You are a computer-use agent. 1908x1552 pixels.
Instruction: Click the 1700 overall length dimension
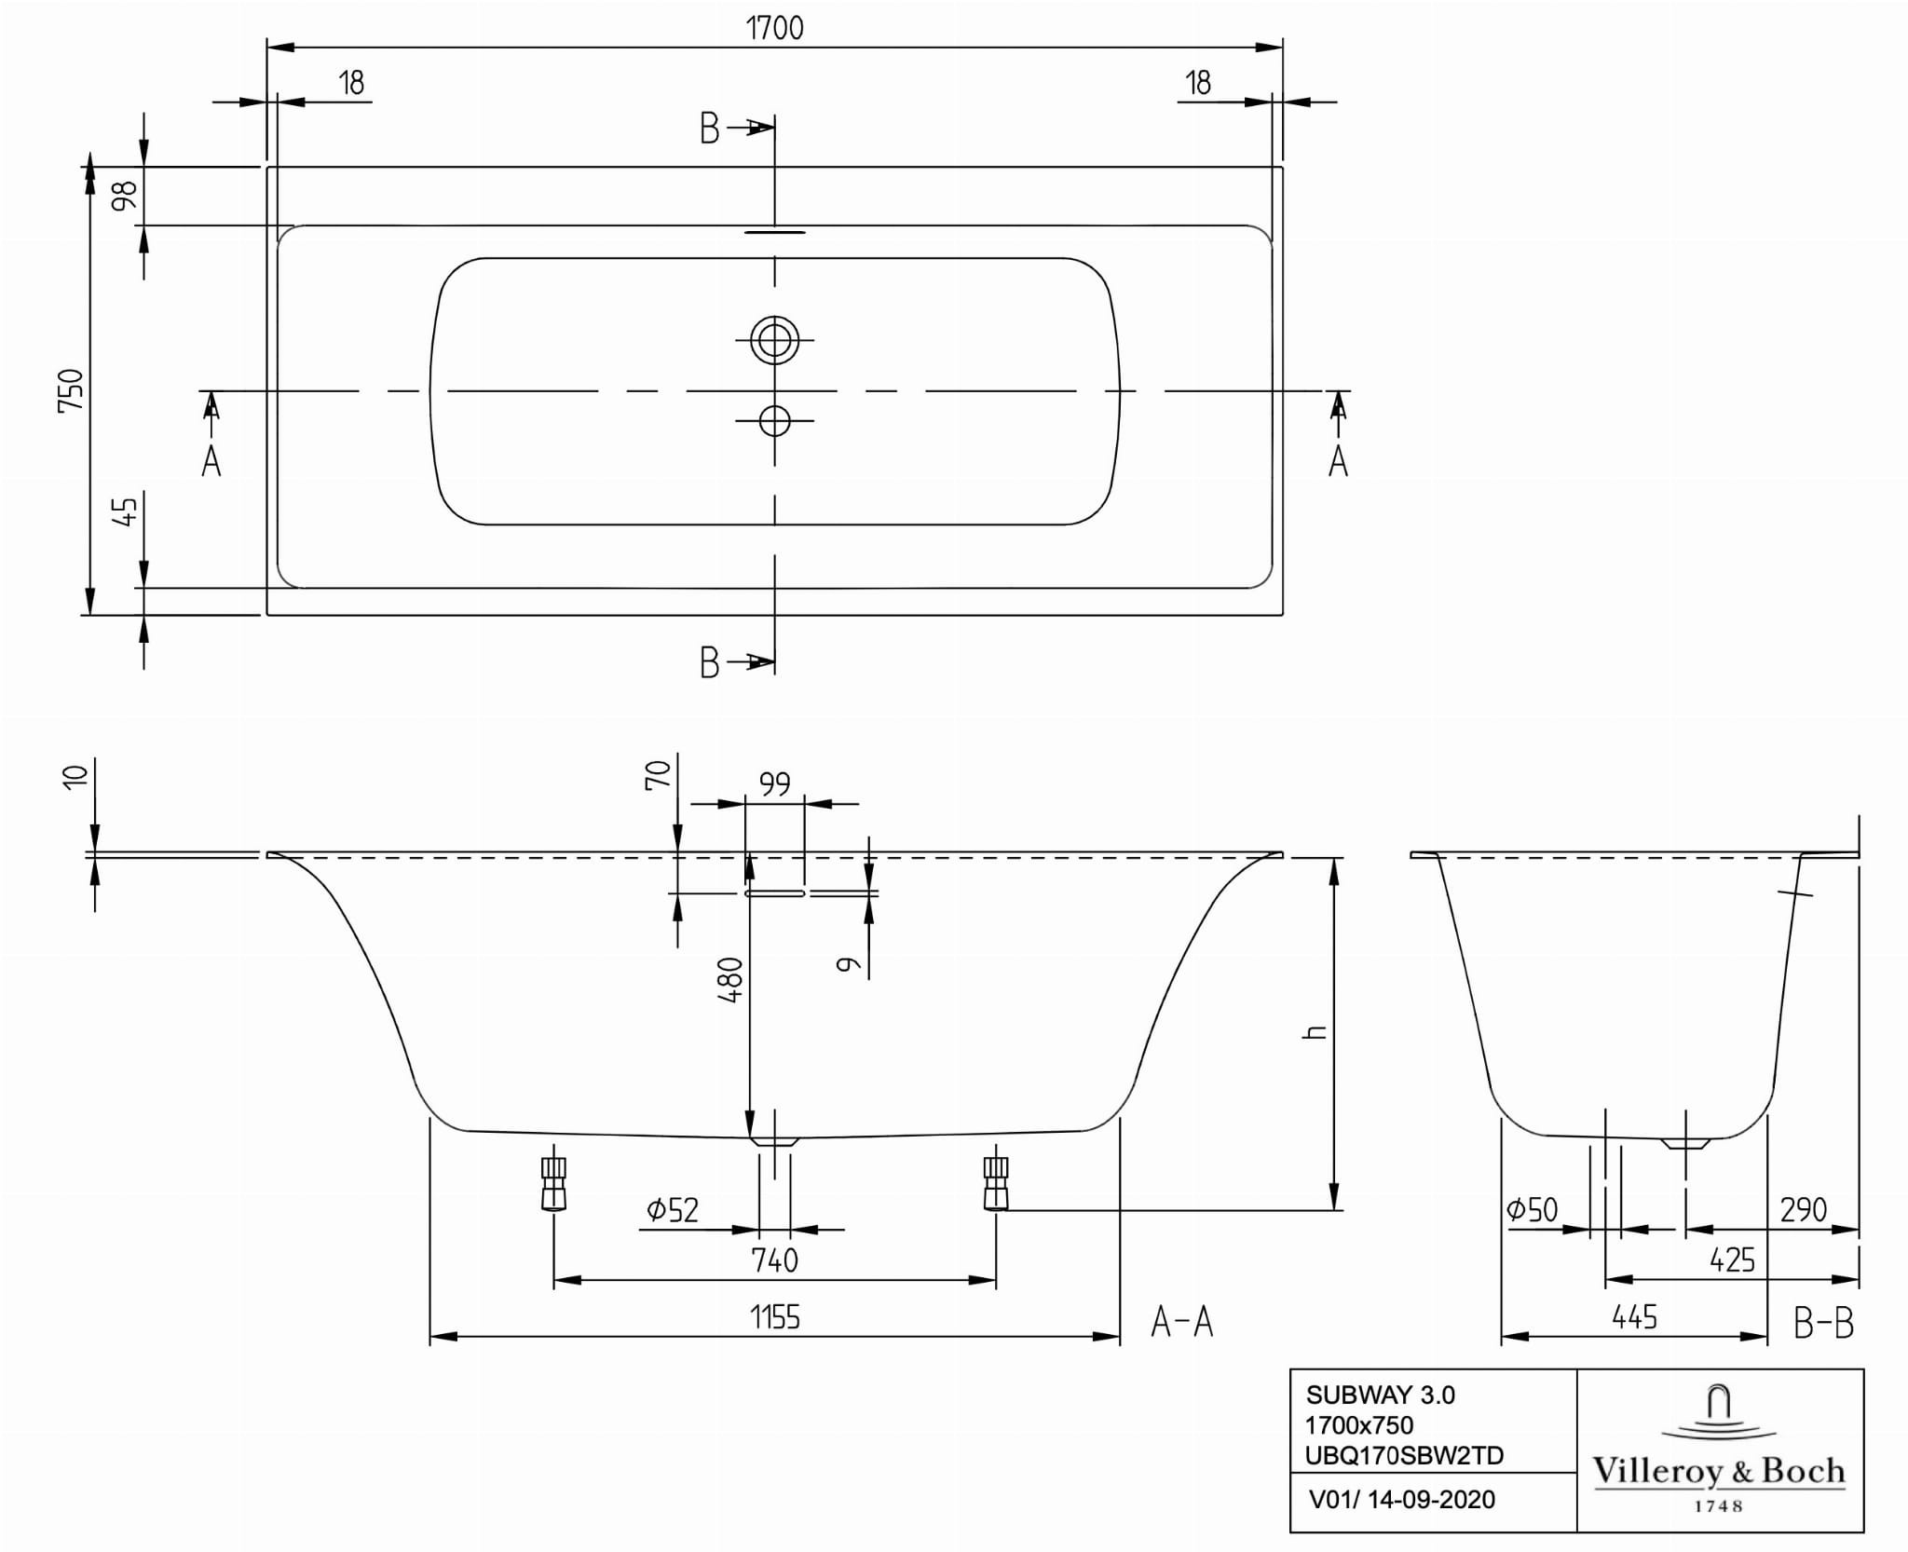(774, 28)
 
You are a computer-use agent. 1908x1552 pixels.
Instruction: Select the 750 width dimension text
(72, 391)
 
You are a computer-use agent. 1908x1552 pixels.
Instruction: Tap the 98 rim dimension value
(125, 196)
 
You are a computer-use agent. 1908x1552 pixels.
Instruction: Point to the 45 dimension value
(125, 511)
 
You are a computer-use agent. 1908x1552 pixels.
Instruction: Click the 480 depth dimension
(730, 980)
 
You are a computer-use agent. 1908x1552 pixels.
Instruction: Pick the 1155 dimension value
(775, 1317)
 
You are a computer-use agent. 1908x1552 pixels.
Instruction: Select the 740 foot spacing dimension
(775, 1260)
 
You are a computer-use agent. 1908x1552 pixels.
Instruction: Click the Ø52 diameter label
(673, 1210)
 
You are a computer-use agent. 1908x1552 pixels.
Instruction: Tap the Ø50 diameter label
(1533, 1210)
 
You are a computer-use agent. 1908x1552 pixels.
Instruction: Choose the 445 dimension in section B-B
(1634, 1317)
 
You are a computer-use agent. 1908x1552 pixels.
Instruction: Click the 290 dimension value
(1804, 1210)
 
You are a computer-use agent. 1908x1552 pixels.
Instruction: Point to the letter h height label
(1315, 1032)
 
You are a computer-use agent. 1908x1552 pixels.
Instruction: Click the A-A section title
(1182, 1322)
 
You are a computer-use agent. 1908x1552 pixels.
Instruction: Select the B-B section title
(1824, 1322)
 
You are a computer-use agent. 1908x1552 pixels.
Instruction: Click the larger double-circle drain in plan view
(774, 340)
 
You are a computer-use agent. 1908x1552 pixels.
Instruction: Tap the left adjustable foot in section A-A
(553, 1182)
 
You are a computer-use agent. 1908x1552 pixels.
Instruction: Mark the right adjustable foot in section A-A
(996, 1182)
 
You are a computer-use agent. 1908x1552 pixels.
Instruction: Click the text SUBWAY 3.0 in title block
(1380, 1395)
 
